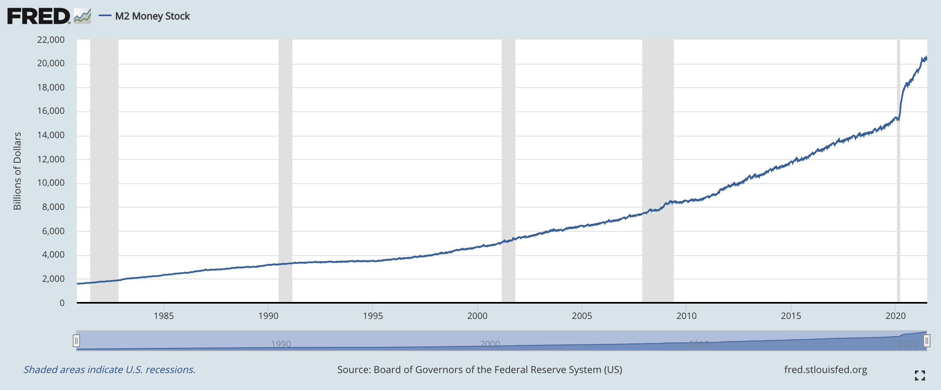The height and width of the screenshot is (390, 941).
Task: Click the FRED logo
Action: [39, 16]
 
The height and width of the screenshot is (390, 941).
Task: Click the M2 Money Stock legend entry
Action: [152, 16]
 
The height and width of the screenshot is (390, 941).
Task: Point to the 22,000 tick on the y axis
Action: [51, 40]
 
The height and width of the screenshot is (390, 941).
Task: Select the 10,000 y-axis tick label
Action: [51, 183]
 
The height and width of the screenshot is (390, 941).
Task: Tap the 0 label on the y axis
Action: [62, 303]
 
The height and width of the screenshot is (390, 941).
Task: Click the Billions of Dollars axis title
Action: [17, 171]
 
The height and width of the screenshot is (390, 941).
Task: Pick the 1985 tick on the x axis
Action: [164, 316]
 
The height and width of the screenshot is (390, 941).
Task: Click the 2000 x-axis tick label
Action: [477, 316]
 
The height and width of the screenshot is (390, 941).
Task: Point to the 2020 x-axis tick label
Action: [896, 316]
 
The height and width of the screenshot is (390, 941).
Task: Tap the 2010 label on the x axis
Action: [686, 316]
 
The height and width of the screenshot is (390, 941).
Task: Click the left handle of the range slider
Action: [76, 341]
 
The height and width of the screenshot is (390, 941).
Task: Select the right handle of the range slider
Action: [927, 341]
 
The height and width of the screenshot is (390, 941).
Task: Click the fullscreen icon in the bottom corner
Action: [920, 375]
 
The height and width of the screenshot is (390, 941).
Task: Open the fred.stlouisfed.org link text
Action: [825, 369]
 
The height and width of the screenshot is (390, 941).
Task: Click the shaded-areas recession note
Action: [110, 369]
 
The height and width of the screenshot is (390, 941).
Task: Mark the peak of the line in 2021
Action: [926, 57]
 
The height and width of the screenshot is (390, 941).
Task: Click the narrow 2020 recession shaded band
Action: [899, 170]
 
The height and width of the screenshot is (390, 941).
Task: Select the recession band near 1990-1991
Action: [285, 170]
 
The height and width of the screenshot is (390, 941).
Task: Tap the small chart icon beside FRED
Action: [82, 16]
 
